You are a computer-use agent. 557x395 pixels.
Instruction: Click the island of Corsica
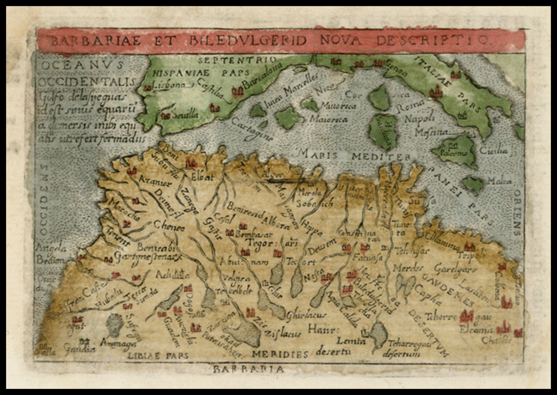(x=379, y=98)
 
